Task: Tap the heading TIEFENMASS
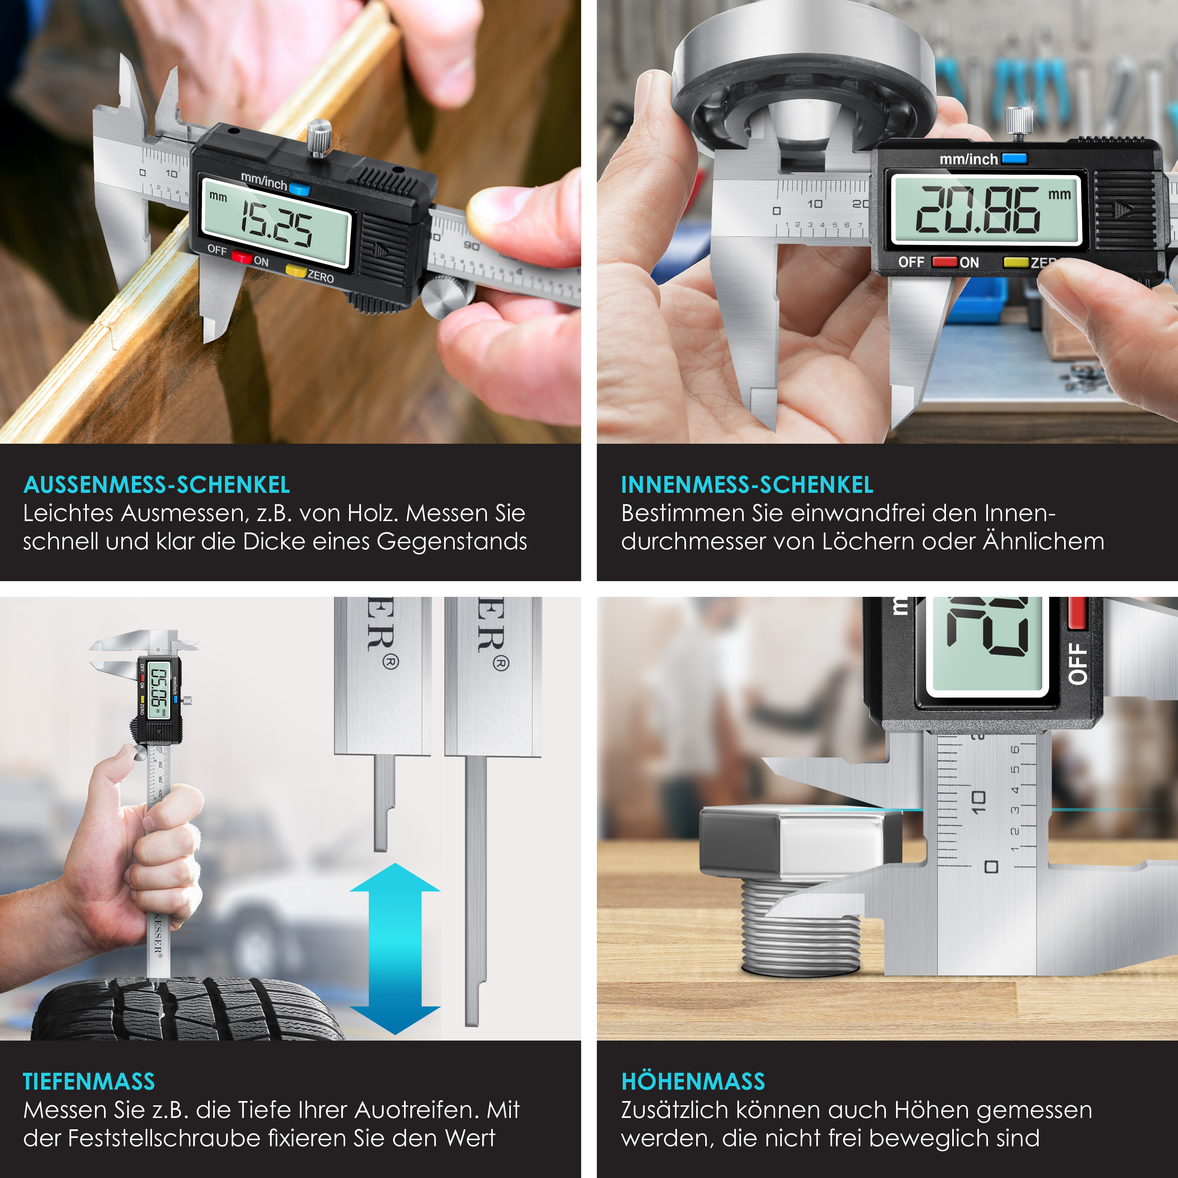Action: click(89, 1082)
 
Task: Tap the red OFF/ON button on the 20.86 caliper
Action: click(944, 262)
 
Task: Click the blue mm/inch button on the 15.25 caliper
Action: click(299, 189)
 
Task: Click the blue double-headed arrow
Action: click(395, 948)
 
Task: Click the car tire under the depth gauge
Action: click(183, 1009)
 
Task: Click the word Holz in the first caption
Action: click(372, 513)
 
